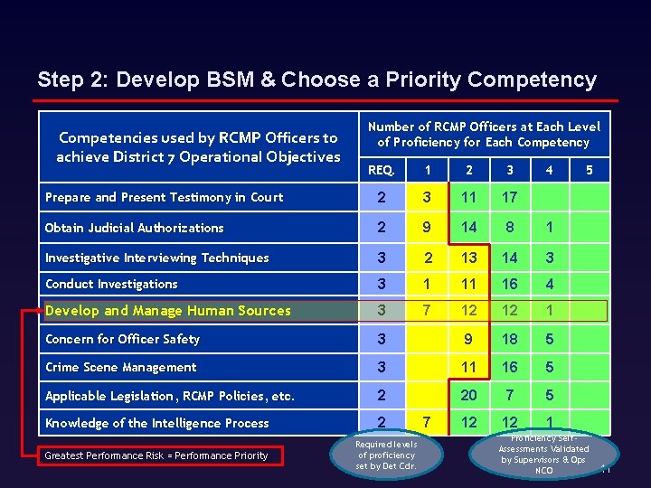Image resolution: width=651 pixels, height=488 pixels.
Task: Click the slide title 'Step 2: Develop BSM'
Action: point(316,80)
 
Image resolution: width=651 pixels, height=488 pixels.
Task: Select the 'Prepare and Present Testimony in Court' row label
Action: point(165,197)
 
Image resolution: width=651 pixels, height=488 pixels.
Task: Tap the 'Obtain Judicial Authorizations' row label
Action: point(135,228)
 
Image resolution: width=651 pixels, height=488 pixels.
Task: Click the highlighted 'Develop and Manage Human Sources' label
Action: point(168,311)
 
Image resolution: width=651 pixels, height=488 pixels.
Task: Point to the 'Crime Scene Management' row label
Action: point(121,368)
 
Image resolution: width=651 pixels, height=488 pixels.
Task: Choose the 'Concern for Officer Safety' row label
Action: point(123,340)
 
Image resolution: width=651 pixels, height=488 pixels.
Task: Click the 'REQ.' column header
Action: point(382,169)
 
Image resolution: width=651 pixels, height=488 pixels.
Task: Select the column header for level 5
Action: point(590,169)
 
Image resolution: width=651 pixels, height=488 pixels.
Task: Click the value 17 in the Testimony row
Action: point(510,197)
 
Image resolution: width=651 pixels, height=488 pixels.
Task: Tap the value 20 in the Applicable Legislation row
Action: point(468,396)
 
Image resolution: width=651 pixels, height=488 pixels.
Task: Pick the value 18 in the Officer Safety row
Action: point(510,340)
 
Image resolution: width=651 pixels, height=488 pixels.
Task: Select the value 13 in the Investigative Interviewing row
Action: point(468,258)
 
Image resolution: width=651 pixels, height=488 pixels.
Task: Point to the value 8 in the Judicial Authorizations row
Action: point(510,228)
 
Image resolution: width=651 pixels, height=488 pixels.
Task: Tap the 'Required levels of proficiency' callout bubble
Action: point(386,455)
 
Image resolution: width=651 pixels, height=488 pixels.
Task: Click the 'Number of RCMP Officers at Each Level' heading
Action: point(483,135)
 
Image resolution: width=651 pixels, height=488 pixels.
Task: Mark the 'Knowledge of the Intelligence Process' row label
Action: point(157,423)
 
